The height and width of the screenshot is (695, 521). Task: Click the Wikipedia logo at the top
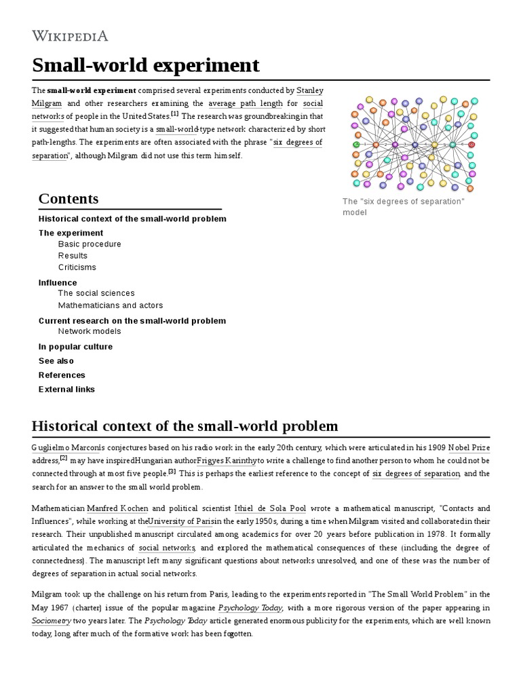pyautogui.click(x=70, y=35)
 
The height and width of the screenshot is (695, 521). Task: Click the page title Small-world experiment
pyautogui.click(x=145, y=65)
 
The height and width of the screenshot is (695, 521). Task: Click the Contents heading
pyautogui.click(x=69, y=198)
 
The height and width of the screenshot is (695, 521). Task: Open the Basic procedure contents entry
pyautogui.click(x=90, y=244)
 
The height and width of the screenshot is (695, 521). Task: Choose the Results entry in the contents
pyautogui.click(x=73, y=256)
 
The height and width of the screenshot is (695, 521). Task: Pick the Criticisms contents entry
pyautogui.click(x=77, y=267)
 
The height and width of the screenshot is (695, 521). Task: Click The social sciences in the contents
pyautogui.click(x=96, y=293)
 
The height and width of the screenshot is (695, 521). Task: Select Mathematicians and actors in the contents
pyautogui.click(x=111, y=305)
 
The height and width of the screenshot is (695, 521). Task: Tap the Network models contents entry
pyautogui.click(x=90, y=331)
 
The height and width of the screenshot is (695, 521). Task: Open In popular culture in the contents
pyautogui.click(x=75, y=347)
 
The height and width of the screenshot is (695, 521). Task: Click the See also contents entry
pyautogui.click(x=56, y=361)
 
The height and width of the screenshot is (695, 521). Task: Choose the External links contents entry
pyautogui.click(x=66, y=390)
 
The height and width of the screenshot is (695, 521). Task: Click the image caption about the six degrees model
pyautogui.click(x=403, y=207)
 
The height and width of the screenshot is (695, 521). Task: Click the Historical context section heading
pyautogui.click(x=185, y=426)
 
